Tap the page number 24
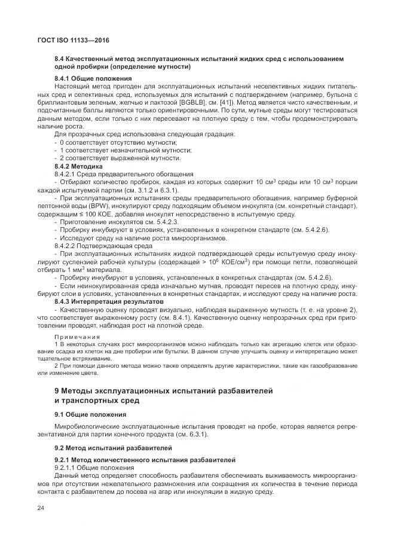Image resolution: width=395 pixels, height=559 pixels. (x=41, y=508)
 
